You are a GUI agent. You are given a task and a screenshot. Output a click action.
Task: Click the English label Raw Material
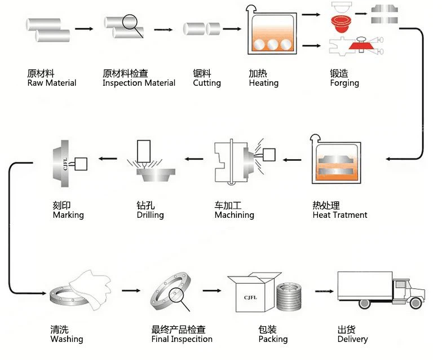(51, 83)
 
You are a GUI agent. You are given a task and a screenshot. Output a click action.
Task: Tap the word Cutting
(206, 83)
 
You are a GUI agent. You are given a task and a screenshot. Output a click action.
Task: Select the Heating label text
(263, 83)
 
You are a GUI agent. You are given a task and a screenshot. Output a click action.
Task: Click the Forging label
(344, 83)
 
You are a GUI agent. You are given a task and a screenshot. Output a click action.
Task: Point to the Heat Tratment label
(339, 215)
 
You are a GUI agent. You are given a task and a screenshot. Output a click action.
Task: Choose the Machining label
(234, 215)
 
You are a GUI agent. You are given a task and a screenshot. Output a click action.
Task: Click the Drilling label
(150, 215)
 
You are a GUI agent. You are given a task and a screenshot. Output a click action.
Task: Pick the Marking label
(68, 215)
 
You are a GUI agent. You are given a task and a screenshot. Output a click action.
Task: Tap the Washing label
(67, 339)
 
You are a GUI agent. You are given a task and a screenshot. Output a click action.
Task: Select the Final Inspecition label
(182, 339)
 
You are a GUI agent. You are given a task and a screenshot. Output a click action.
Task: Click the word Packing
(273, 339)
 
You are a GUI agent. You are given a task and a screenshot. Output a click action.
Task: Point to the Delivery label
(352, 339)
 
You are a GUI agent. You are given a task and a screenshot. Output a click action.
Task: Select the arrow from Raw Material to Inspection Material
(83, 28)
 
